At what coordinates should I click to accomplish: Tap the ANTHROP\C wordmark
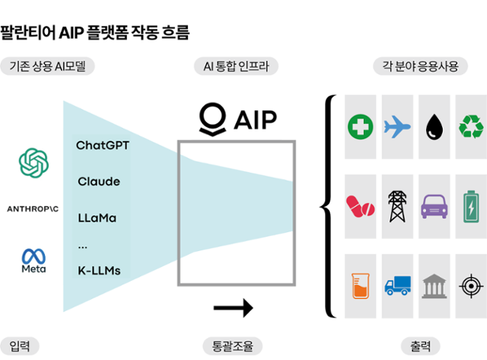click(x=33, y=208)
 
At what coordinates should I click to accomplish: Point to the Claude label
click(x=98, y=182)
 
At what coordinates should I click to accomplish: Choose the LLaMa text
click(x=97, y=218)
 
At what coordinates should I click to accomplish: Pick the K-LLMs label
click(x=99, y=270)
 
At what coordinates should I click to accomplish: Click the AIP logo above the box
click(x=237, y=119)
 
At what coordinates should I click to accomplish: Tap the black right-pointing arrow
click(x=234, y=308)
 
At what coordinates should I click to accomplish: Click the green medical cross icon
click(x=360, y=126)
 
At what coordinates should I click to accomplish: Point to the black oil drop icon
click(x=434, y=126)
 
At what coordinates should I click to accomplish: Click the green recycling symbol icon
click(x=471, y=126)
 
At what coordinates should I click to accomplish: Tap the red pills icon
click(x=360, y=205)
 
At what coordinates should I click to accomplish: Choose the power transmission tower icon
click(x=396, y=205)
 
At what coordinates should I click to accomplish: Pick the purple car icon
click(x=434, y=205)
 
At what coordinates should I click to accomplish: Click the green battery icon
click(x=471, y=205)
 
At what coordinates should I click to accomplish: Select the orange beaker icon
click(x=360, y=285)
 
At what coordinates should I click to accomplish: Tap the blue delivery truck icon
click(x=396, y=285)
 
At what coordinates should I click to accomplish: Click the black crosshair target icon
click(x=471, y=285)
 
